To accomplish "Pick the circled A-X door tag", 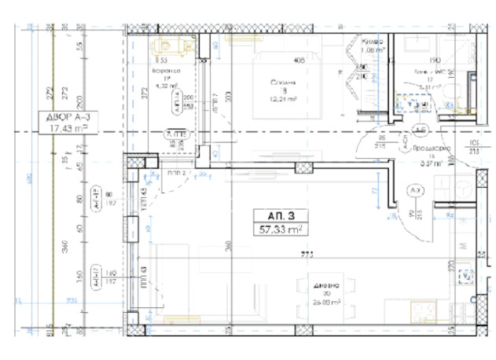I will [414, 191].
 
